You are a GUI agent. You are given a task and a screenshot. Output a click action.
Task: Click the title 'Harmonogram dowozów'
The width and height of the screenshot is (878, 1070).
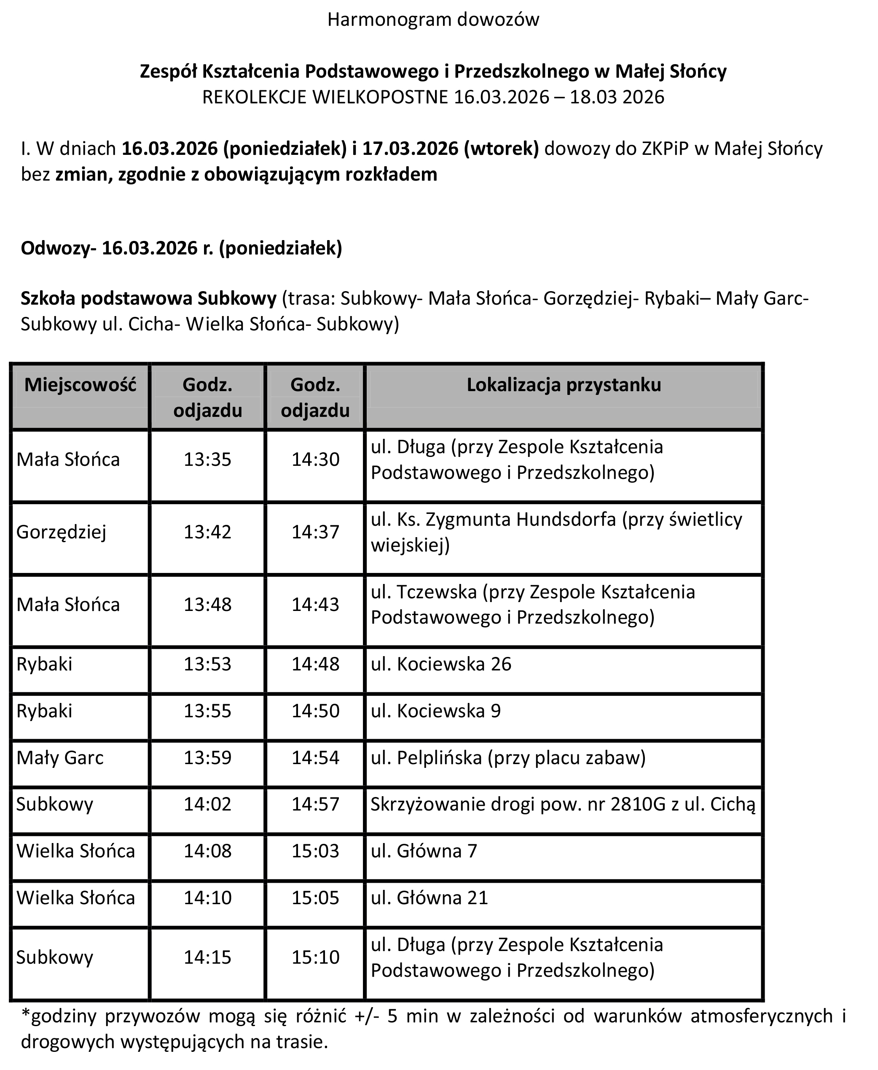coord(433,20)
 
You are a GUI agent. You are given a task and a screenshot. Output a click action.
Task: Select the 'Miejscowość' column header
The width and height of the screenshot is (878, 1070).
coord(81,385)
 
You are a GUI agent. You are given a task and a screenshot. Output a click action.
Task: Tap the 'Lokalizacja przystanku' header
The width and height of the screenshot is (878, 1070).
coord(564,385)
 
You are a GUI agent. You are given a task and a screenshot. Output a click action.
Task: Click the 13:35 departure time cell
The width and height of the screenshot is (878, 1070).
coord(207,459)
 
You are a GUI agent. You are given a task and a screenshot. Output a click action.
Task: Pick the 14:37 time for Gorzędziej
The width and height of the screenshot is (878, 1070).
coord(315,532)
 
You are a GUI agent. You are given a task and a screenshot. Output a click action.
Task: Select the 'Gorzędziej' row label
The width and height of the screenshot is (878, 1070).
coord(61,532)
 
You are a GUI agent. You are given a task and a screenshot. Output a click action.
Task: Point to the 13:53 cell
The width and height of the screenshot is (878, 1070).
coord(207,664)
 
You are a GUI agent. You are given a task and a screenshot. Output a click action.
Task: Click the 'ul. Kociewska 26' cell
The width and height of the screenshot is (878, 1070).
coord(441,664)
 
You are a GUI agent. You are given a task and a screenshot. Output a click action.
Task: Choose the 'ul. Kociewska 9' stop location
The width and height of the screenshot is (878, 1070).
coord(435,711)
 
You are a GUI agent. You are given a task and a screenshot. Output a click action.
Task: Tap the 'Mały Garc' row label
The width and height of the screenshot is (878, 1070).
coord(60,758)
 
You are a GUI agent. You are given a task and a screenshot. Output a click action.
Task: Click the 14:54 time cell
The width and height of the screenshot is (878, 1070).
coord(315,758)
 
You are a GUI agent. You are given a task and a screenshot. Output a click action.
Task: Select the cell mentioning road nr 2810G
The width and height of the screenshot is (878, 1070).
coord(562,804)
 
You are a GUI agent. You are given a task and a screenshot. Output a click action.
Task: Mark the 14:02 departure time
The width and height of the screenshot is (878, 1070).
coord(207,804)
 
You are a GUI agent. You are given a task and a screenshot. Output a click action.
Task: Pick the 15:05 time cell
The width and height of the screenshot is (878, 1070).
coord(315,898)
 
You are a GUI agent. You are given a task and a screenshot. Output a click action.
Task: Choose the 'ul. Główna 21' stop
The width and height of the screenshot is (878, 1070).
coord(430,898)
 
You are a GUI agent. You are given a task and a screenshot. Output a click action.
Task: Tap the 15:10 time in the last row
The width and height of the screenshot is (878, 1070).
coord(315,957)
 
